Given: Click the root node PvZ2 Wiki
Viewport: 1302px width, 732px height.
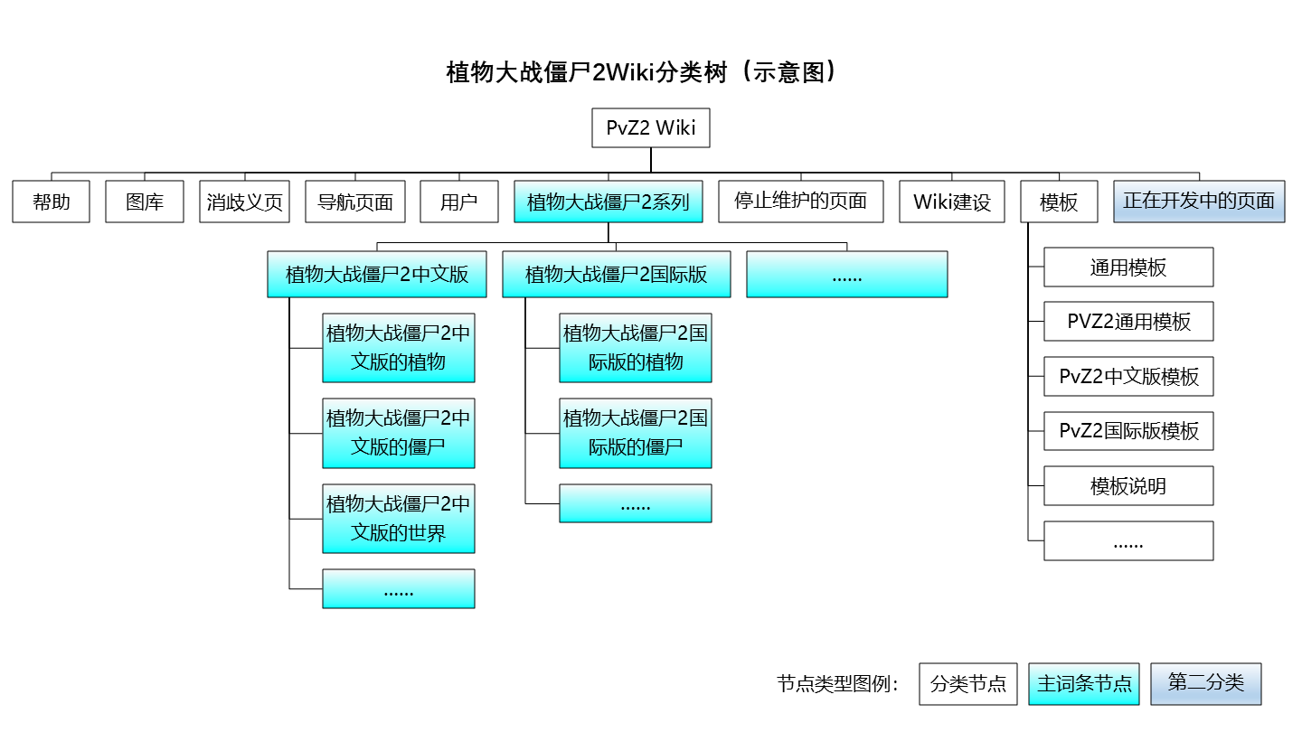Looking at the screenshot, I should [650, 128].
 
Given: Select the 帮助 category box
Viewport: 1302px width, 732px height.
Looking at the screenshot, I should [52, 202].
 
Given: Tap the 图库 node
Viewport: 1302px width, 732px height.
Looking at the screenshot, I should [145, 202].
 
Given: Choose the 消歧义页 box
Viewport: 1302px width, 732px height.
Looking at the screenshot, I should [244, 202].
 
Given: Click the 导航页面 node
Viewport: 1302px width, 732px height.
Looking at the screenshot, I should [354, 202].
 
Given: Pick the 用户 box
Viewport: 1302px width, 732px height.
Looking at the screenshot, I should [459, 202].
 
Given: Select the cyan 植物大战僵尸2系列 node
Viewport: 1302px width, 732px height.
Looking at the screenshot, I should [608, 202].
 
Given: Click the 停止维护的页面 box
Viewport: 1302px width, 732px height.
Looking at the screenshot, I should [800, 202].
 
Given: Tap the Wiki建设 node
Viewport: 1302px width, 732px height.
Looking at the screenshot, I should [952, 202].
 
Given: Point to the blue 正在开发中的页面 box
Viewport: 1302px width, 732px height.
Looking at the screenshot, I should [1199, 202].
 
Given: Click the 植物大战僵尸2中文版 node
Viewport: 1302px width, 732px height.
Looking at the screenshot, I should [377, 274].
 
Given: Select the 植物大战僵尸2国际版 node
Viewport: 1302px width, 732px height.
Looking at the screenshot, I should [616, 274].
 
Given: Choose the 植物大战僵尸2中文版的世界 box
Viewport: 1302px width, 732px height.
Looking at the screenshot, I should [398, 519].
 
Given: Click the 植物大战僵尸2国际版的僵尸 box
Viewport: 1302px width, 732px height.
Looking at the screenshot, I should [635, 433].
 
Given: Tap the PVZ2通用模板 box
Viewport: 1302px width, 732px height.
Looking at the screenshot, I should [1128, 322].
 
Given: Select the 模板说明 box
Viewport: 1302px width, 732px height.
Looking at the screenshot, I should [1128, 486].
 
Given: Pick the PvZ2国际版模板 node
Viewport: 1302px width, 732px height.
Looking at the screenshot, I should [1128, 431].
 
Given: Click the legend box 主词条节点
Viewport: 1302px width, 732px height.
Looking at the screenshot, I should [1084, 684].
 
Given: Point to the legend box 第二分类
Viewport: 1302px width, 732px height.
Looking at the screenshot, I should [1205, 684].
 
